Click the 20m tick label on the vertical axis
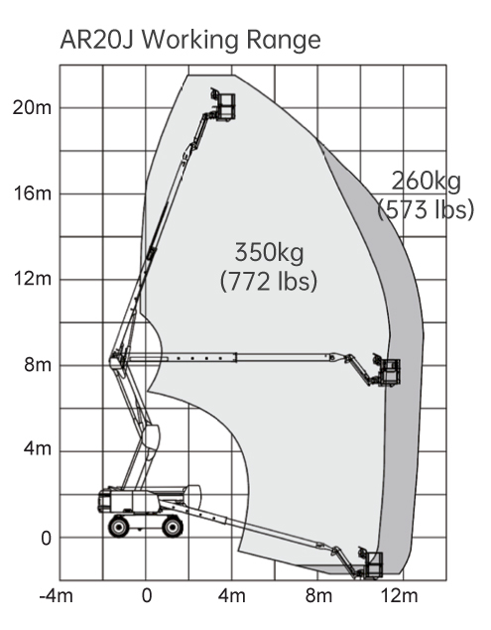(x=32, y=108)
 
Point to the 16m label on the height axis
(x=33, y=193)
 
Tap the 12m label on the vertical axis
(x=33, y=279)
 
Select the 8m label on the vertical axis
(x=38, y=365)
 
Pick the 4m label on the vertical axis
(x=38, y=448)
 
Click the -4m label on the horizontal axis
(x=57, y=596)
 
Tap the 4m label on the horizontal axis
(x=232, y=596)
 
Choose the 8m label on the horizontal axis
(x=319, y=596)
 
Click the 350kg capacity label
(x=269, y=253)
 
